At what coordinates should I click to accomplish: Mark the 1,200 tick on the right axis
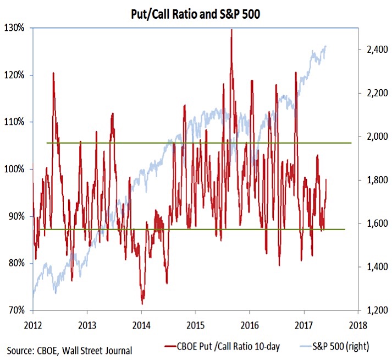click(373, 310)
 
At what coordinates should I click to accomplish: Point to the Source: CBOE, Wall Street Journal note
click(70, 350)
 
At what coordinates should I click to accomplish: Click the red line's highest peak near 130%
click(231, 29)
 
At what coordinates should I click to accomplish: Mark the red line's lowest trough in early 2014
click(142, 303)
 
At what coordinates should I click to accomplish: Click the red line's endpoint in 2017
click(327, 179)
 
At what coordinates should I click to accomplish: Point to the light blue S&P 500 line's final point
click(327, 46)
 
